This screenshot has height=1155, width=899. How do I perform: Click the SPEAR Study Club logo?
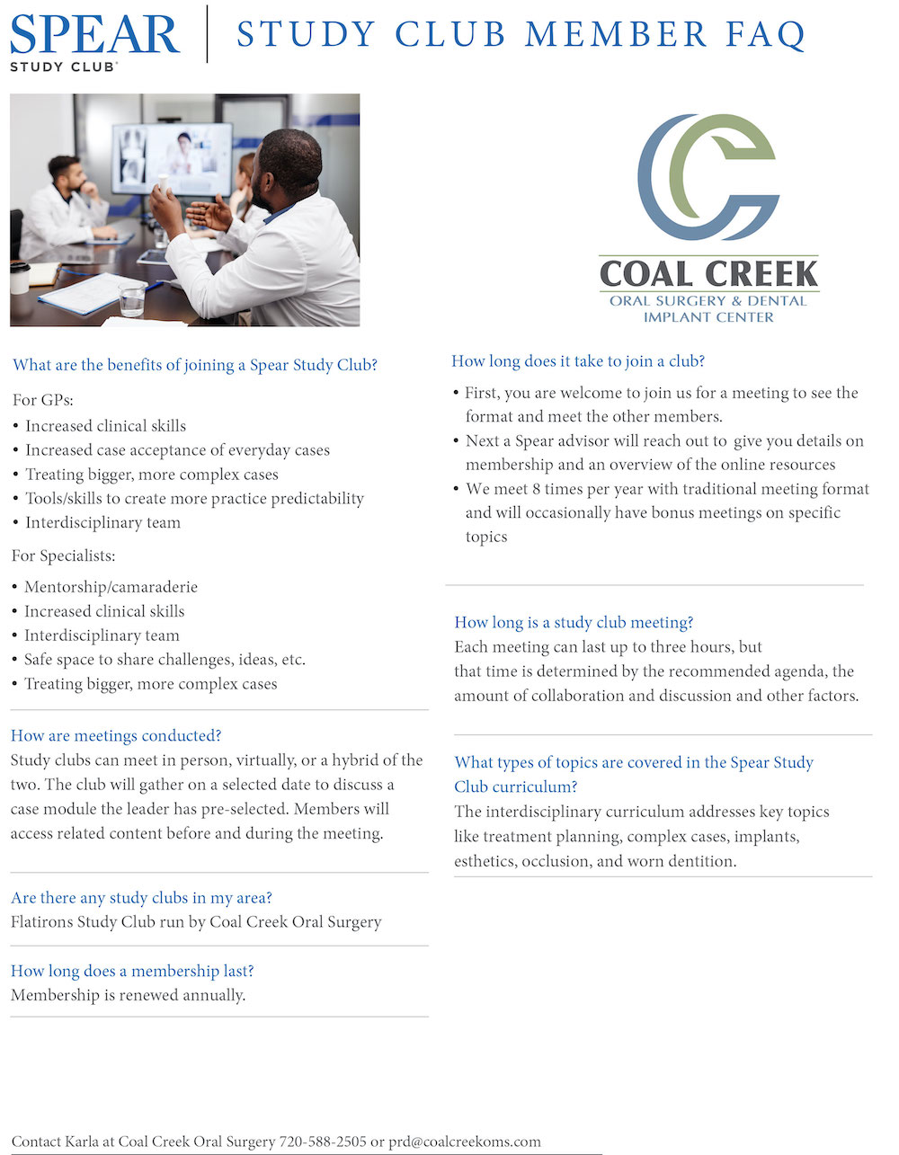93,40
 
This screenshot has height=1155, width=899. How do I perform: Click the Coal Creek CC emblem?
708,177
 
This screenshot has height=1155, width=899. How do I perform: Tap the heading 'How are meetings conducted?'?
116,735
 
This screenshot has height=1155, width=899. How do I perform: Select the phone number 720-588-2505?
323,1142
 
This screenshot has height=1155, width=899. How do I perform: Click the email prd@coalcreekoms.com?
465,1142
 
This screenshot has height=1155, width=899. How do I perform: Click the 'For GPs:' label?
43,400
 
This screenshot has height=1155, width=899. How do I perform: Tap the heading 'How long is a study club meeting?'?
574,622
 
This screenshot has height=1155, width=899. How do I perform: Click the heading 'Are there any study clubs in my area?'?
141,897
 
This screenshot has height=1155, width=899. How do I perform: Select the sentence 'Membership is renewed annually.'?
128,995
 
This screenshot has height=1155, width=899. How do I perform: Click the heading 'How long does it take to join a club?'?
578,360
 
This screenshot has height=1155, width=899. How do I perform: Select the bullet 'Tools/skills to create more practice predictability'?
194,498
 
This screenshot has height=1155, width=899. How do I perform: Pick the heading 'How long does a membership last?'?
132,971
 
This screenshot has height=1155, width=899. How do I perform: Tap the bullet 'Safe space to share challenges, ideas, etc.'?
165,660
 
